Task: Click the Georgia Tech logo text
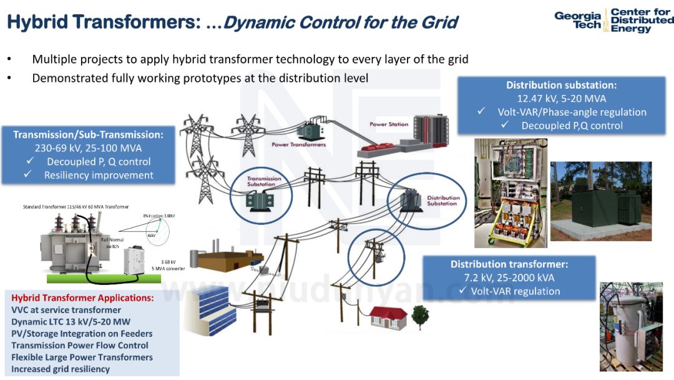tap(577, 20)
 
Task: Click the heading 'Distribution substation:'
tap(561, 85)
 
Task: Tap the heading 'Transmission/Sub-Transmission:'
tap(88, 134)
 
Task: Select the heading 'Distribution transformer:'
tap(509, 264)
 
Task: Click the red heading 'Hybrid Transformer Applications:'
tap(82, 298)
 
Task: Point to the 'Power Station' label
tap(389, 124)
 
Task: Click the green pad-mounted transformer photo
tap(600, 201)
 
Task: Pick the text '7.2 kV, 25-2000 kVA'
tap(509, 278)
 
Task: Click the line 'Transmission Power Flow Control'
tap(80, 346)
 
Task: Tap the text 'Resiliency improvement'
tap(99, 176)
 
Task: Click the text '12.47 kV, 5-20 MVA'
tap(561, 99)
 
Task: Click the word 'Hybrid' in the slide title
tap(37, 22)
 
